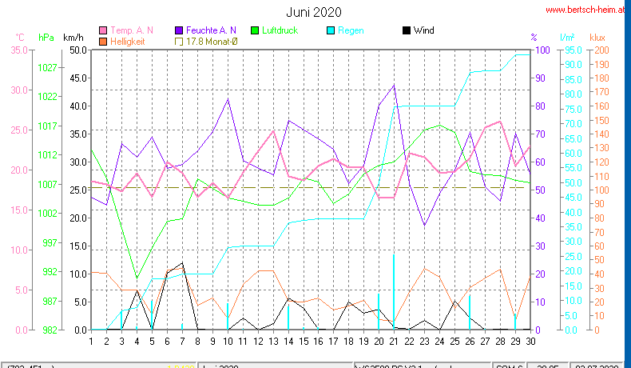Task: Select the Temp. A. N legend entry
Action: click(x=132, y=30)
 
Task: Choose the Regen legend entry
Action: click(x=350, y=30)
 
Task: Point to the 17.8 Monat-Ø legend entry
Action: click(x=211, y=41)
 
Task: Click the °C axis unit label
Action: click(x=20, y=38)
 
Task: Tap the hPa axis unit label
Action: click(x=46, y=38)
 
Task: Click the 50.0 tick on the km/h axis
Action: click(x=77, y=50)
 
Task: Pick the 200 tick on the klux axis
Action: click(x=601, y=50)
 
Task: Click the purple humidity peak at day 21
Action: click(x=394, y=86)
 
